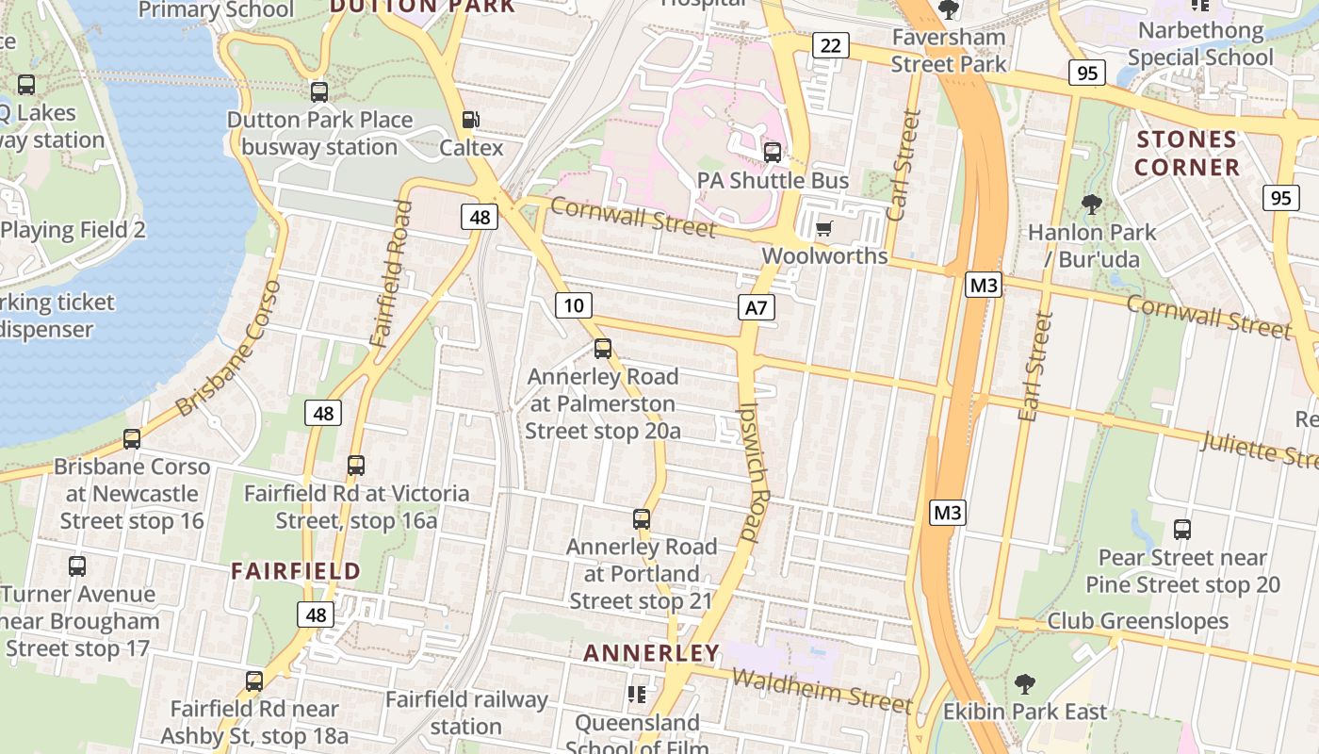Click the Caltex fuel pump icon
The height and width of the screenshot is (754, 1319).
coord(469,120)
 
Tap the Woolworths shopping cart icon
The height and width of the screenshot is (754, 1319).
coord(824,227)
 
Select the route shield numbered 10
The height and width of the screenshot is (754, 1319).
coord(574,304)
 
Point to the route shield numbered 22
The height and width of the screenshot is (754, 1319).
coord(830,45)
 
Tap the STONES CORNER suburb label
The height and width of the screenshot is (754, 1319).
coord(1186,154)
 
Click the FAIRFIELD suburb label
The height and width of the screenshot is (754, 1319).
coord(296,571)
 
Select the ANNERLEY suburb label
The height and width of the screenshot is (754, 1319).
coord(651,653)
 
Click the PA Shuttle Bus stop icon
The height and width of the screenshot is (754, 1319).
coord(773,152)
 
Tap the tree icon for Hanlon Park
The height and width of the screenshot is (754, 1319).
coord(1092,204)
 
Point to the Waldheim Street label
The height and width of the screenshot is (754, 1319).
coord(822,691)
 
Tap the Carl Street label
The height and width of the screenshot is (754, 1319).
coord(904,165)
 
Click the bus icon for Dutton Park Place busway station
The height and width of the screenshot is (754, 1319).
coord(319,92)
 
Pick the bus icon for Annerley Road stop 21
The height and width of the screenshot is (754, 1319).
coord(642,518)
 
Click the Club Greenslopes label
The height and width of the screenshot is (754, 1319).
coord(1138,621)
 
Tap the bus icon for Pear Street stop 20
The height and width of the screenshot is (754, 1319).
coord(1182,530)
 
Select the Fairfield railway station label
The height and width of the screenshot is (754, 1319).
coord(466,713)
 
